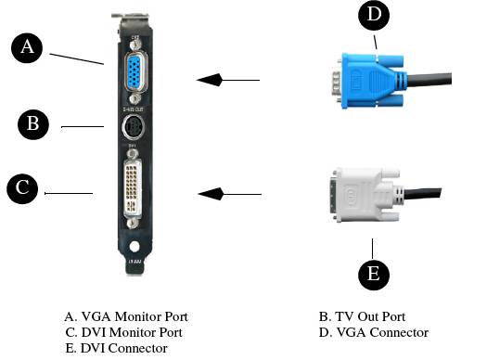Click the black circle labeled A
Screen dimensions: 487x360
27,48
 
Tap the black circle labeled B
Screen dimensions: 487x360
33,124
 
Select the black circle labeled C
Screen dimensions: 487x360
22,189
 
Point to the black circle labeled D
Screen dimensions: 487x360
374,15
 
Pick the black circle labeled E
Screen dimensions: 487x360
374,275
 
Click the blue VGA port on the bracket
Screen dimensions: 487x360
135,72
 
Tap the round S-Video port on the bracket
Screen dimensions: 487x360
132,127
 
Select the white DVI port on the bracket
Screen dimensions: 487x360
133,188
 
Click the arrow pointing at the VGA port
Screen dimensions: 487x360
228,80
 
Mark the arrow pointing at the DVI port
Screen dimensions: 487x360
229,194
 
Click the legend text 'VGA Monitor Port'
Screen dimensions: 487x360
135,316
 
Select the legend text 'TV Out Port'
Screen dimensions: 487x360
370,316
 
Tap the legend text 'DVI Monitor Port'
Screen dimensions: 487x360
132,332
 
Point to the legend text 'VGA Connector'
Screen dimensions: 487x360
382,332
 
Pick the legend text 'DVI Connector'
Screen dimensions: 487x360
124,348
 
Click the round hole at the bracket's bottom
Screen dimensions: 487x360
135,247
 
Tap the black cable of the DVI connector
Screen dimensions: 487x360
422,194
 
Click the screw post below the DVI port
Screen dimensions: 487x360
133,224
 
